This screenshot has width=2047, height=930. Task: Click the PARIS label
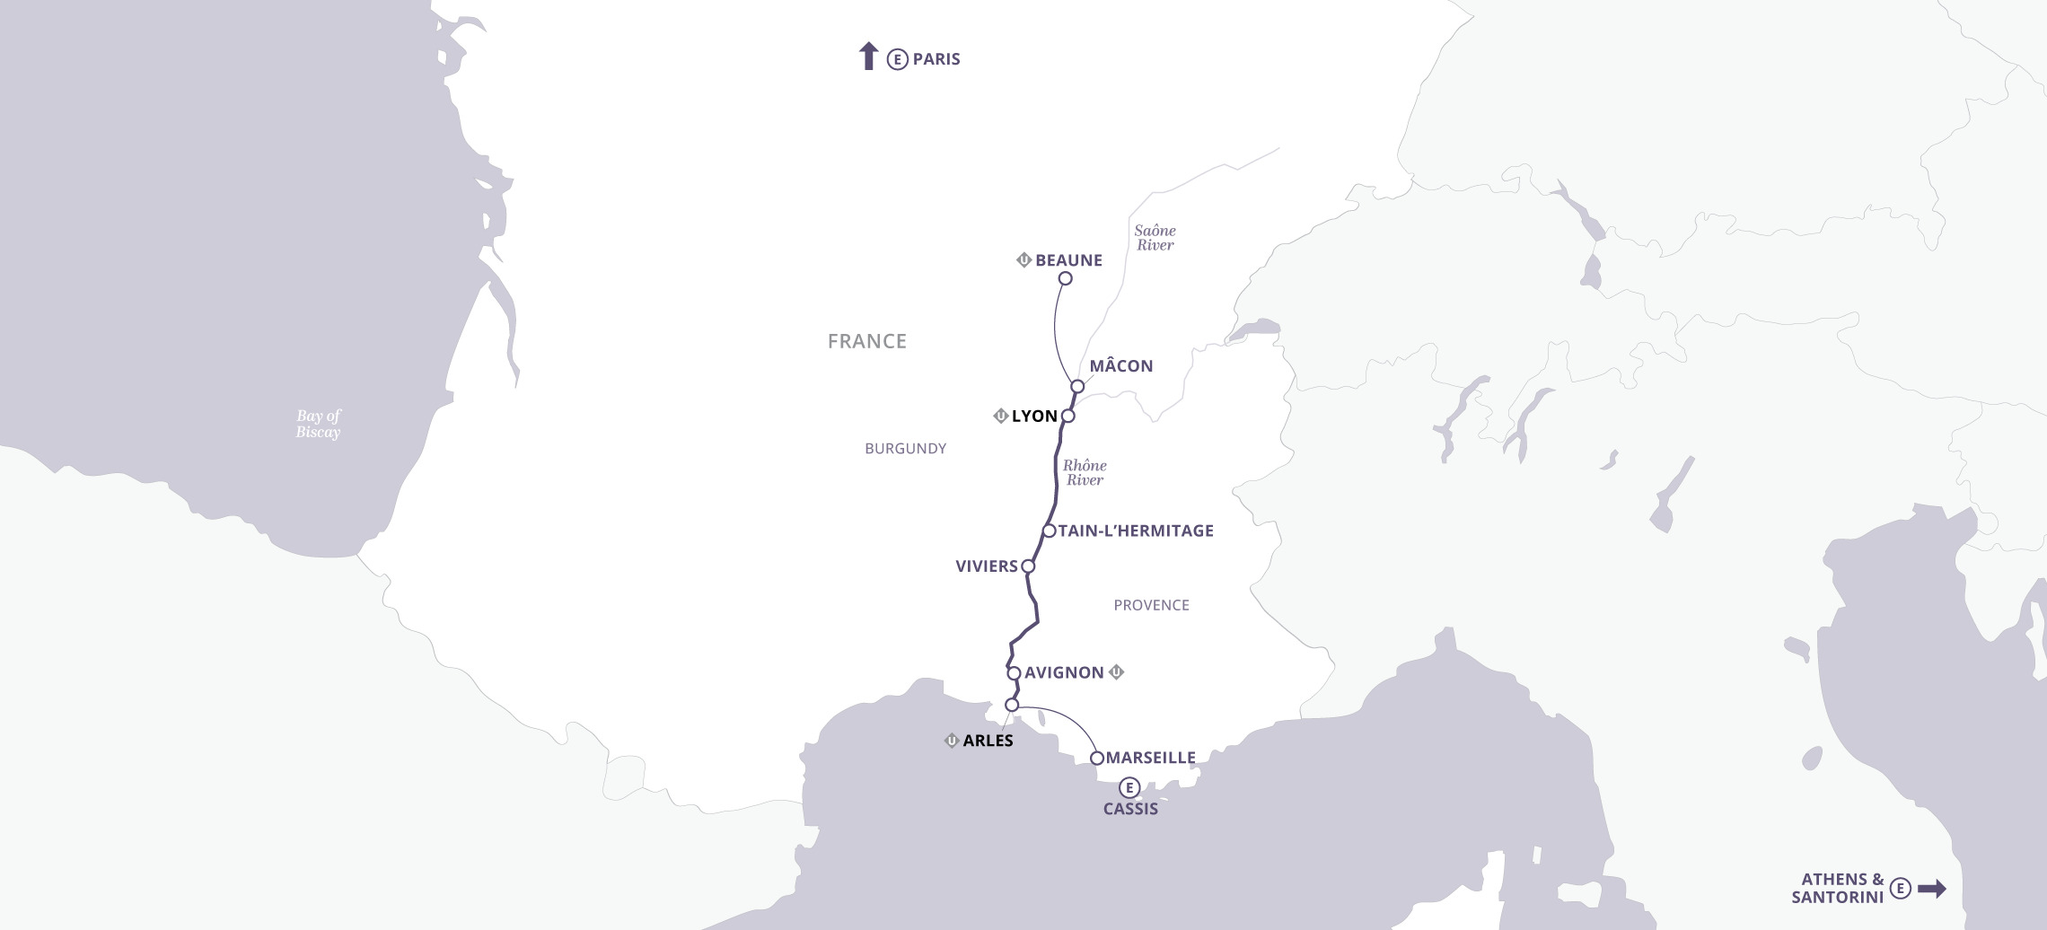coord(936,59)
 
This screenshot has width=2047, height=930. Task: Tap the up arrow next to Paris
coord(867,56)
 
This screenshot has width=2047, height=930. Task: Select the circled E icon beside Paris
coord(897,60)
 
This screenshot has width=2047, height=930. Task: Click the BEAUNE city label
coord(1068,260)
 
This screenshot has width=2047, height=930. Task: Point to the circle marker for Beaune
coord(1065,278)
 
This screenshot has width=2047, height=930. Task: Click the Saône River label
coord(1155,238)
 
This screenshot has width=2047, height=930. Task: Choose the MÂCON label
coord(1121,366)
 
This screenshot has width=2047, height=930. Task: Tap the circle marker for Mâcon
coord(1077,387)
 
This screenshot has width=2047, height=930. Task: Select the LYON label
coord(1034,417)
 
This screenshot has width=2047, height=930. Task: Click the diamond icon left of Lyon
coord(1000,417)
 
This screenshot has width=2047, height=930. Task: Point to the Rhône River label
coord(1085,472)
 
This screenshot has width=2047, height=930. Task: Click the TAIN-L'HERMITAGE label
coord(1136,531)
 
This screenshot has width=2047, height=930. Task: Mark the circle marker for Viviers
coord(1028,566)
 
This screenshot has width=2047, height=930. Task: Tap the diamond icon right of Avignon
coord(1117,672)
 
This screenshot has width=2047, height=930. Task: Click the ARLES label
coord(988,741)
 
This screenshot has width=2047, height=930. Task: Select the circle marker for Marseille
coord(1096,759)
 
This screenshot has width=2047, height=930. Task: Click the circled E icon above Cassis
coord(1129,788)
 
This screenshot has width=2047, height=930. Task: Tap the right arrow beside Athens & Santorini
coord(1932,889)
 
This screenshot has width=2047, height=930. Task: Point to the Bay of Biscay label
coord(319,424)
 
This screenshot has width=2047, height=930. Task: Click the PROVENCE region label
coord(1151,606)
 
